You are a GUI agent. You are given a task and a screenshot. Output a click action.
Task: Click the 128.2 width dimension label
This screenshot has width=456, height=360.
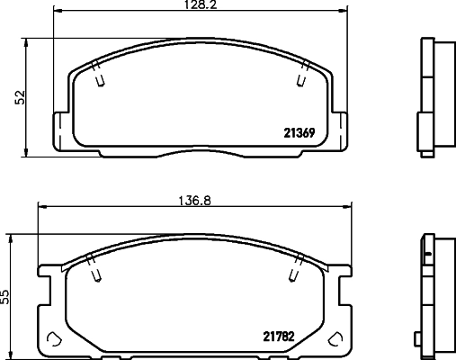coord(200,4)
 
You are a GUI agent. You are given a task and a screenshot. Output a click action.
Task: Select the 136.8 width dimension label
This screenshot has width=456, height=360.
coord(195,201)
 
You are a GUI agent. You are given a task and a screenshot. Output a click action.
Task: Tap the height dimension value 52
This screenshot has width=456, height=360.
coord(20,97)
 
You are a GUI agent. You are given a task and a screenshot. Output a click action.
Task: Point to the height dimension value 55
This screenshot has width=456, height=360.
coord(5,297)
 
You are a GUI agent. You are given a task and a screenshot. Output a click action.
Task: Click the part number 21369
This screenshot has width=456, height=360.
coord(300,133)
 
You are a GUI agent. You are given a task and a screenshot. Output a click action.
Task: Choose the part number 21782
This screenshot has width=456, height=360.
coord(279,337)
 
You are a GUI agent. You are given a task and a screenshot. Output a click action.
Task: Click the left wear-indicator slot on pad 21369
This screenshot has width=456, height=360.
coord(98,74)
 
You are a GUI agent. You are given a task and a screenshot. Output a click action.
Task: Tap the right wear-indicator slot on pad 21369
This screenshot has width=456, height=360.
coord(303,74)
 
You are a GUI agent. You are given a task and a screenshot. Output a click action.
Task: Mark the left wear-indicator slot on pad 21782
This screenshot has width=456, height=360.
coord(94,268)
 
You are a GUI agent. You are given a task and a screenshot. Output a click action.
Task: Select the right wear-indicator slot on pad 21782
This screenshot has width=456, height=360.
coord(296,268)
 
